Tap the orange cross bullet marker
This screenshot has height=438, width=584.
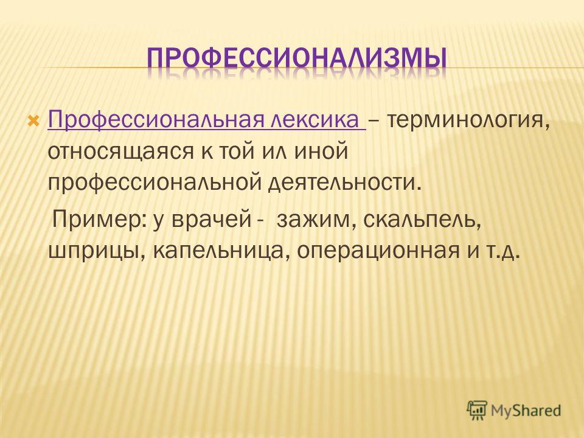point(33,120)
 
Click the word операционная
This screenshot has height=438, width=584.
point(378,252)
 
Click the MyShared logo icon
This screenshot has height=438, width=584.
point(477,410)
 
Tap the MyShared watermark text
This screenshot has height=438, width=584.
point(526,411)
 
